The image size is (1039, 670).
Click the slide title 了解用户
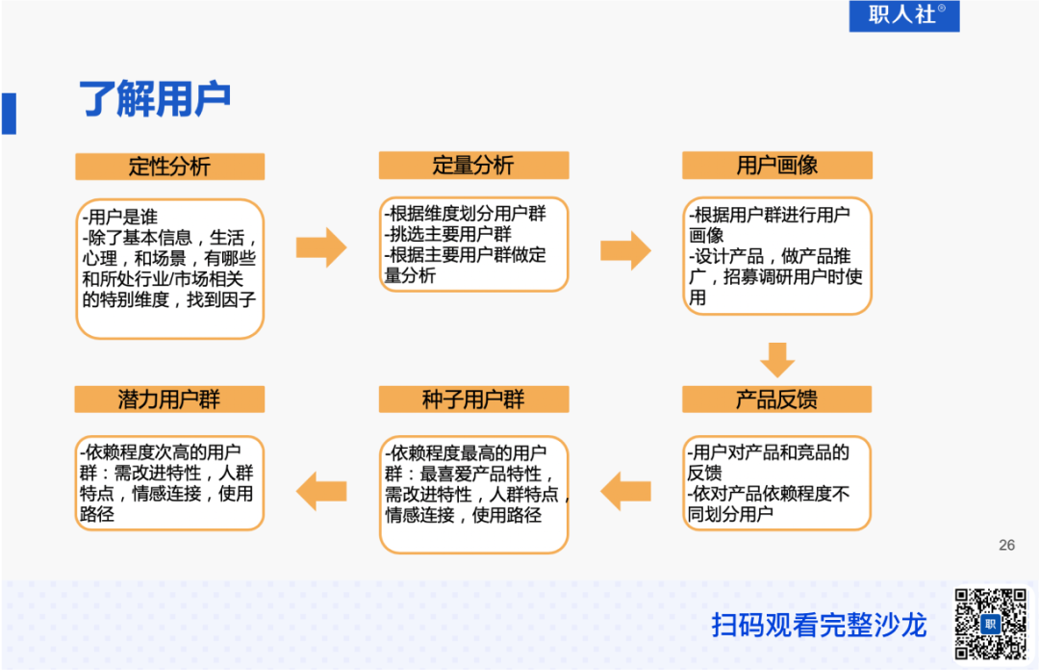coord(155,100)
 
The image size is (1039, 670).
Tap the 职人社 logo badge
coord(903,15)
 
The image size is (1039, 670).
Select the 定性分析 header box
coord(169,166)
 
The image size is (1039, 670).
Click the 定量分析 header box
coord(473,165)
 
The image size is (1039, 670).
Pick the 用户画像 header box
coord(776,165)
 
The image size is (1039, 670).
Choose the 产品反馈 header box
coord(776,399)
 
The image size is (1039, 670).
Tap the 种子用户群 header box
coord(473,399)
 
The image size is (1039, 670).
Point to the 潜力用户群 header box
coord(169,399)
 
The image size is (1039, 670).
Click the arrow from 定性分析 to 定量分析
coord(320,248)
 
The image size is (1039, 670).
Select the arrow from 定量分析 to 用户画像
coord(625,250)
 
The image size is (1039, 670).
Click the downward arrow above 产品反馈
coord(776,359)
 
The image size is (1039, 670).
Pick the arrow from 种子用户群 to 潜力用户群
coord(320,492)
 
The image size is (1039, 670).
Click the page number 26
coord(1006,545)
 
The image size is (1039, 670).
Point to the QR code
coord(990,623)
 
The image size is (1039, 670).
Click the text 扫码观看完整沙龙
coord(819,625)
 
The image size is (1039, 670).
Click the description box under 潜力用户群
coord(169,483)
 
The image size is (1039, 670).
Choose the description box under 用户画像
coord(776,256)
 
